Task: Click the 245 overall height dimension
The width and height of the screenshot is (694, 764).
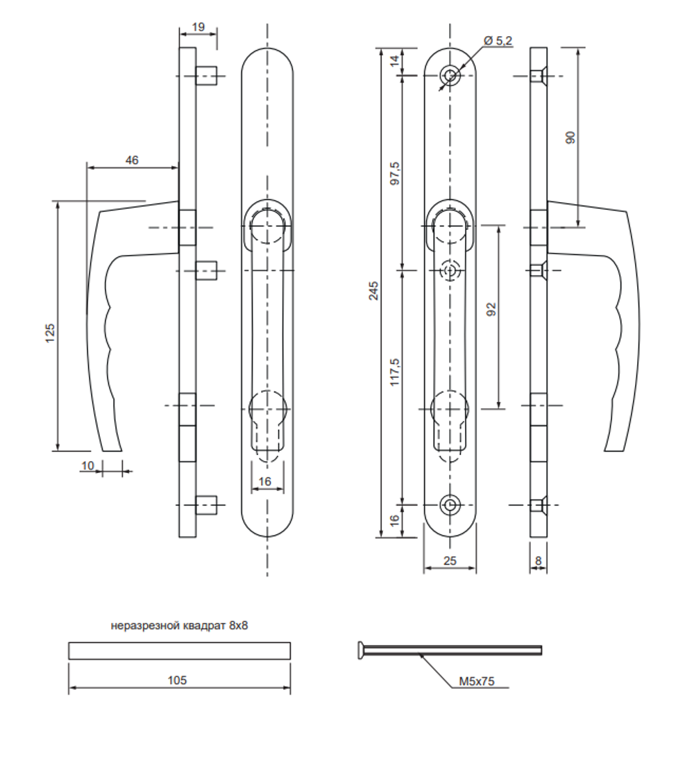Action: point(373,290)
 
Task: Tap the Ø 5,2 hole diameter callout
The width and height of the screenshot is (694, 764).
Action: point(498,41)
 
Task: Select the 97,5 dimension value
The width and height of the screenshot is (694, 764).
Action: point(395,172)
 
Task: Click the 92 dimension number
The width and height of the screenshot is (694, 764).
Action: point(492,310)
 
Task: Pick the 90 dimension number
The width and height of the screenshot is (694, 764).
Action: point(570,137)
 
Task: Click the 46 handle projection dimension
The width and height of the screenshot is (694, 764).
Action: point(132,160)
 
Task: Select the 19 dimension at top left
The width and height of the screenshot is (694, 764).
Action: point(198,27)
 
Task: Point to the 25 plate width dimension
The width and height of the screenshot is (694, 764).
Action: point(450,560)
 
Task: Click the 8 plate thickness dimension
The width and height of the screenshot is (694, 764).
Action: point(538,560)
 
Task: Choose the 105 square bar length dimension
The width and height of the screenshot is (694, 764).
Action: point(178,680)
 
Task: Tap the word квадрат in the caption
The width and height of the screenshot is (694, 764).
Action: point(203,626)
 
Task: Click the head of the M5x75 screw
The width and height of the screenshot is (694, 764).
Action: point(361,649)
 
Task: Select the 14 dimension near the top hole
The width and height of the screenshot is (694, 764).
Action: point(395,61)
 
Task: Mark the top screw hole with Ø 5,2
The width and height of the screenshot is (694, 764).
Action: point(451,75)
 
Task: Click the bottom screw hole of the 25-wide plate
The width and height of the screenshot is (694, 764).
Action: point(451,504)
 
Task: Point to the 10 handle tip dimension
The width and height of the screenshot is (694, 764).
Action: point(87,465)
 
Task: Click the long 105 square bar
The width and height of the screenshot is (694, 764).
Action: point(179,651)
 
